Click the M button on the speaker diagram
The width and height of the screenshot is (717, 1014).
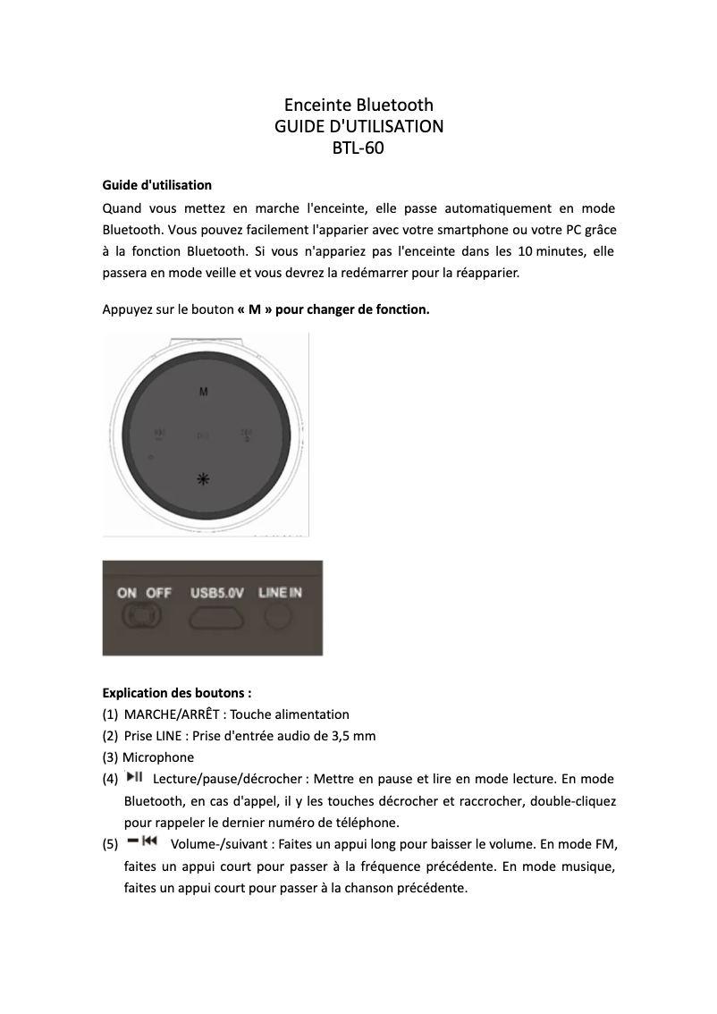[x=204, y=392]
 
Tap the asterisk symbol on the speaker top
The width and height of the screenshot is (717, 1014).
[x=204, y=480]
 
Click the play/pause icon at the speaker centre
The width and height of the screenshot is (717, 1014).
[x=204, y=436]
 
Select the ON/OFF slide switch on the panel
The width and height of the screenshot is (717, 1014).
[x=142, y=616]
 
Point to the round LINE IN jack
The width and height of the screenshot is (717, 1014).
[x=280, y=615]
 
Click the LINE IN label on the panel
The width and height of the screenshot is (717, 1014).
[x=280, y=592]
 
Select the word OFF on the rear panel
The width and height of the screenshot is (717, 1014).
[x=159, y=592]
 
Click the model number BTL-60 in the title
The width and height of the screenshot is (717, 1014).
[x=358, y=148]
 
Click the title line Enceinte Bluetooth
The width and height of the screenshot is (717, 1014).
[x=358, y=105]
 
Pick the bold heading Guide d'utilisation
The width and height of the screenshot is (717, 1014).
[x=157, y=185]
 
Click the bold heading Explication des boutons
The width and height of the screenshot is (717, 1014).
[x=177, y=692]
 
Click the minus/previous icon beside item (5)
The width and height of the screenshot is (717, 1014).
[x=142, y=842]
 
